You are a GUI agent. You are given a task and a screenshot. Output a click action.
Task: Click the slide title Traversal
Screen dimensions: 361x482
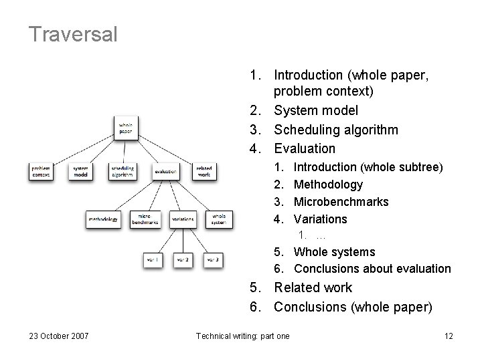point(74,34)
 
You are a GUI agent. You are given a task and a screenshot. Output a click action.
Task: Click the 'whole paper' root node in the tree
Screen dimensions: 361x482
point(126,127)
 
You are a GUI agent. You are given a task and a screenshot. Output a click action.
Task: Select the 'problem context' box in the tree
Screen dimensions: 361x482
point(40,171)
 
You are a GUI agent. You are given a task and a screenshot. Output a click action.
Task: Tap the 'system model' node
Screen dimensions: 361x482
point(81,171)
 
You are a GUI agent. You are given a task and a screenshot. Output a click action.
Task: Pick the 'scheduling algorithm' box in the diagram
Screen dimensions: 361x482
point(123,171)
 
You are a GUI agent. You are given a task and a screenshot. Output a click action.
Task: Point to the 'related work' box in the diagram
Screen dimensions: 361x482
point(204,171)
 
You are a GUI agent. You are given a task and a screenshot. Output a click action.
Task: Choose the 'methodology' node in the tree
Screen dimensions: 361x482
point(102,219)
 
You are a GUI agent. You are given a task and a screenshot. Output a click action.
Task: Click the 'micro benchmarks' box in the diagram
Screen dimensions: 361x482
point(145,219)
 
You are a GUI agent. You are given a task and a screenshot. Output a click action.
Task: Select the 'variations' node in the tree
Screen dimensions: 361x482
point(182,219)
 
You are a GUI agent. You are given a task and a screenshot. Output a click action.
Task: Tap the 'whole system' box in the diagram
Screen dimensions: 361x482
point(218,219)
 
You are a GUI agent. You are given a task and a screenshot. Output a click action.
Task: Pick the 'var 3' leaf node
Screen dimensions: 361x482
point(213,259)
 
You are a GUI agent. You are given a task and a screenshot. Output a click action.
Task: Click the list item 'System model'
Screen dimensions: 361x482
point(316,110)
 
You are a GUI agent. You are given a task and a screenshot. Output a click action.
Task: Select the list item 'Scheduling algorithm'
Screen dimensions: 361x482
point(336,130)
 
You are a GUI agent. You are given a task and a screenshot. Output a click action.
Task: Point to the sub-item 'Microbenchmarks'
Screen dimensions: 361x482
point(341,202)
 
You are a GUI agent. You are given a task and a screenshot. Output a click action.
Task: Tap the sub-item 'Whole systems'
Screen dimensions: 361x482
point(334,252)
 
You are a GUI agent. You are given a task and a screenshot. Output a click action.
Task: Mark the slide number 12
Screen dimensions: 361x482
point(448,336)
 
